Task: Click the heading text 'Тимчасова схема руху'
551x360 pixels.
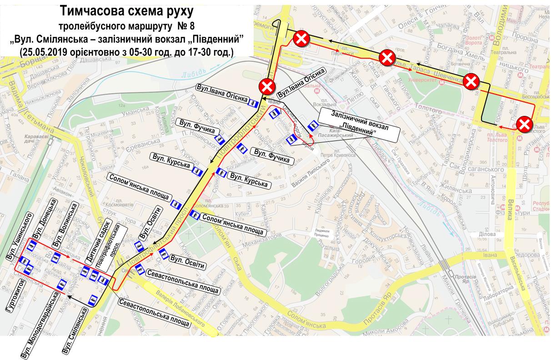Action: pyautogui.click(x=123, y=10)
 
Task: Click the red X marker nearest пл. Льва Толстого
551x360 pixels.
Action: pyautogui.click(x=526, y=123)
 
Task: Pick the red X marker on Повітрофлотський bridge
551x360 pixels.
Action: pyautogui.click(x=267, y=86)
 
